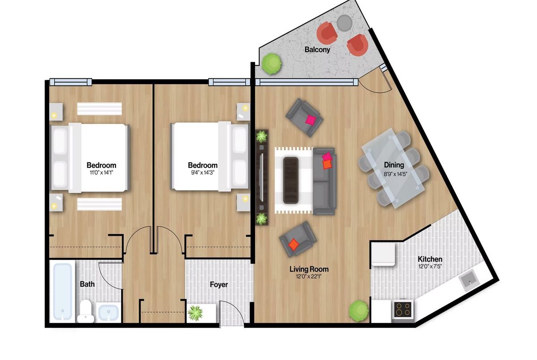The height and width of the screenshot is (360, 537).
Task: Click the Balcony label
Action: click(317, 50)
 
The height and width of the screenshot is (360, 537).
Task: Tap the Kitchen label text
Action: click(430, 259)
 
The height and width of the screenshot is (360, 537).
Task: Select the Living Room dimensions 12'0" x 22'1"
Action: click(309, 277)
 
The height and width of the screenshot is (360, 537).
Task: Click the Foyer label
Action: click(219, 284)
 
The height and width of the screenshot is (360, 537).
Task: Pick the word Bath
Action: click(87, 284)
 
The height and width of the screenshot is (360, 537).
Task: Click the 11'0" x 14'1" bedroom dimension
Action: click(101, 173)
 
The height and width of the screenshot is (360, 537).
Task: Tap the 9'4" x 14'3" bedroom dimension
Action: click(203, 173)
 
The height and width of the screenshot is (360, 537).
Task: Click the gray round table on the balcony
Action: click(344, 23)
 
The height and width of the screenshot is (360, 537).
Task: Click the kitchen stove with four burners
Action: click(403, 309)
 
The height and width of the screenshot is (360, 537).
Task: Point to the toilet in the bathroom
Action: click(85, 311)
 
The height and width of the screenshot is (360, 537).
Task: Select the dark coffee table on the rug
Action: click(291, 180)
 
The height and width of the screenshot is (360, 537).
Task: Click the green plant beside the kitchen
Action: click(358, 311)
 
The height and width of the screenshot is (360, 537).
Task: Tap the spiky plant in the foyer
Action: click(195, 313)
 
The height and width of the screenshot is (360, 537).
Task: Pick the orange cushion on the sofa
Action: click(327, 164)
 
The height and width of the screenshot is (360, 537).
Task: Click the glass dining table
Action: click(394, 168)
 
